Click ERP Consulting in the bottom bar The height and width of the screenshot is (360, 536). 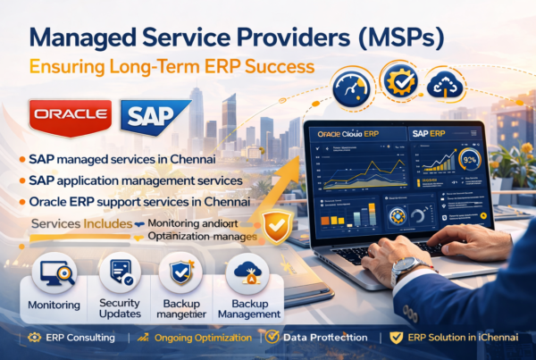pos(76,338)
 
